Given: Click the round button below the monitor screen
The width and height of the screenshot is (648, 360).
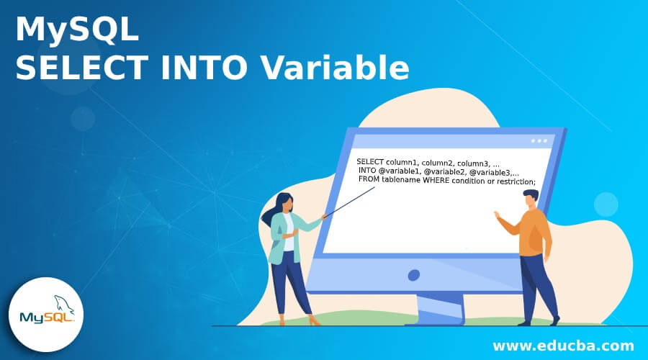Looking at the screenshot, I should [x=413, y=275].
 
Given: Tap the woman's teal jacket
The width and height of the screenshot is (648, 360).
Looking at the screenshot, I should [x=281, y=238].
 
